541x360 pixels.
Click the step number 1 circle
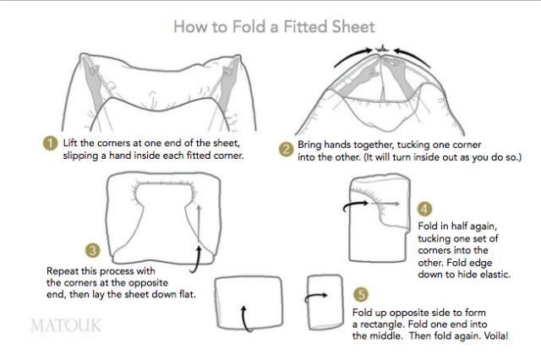51,143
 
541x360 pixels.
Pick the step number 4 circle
425,208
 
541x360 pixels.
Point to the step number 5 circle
361,295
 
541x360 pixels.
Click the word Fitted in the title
283,26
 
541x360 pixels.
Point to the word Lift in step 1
71,144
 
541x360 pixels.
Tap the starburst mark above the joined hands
382,45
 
